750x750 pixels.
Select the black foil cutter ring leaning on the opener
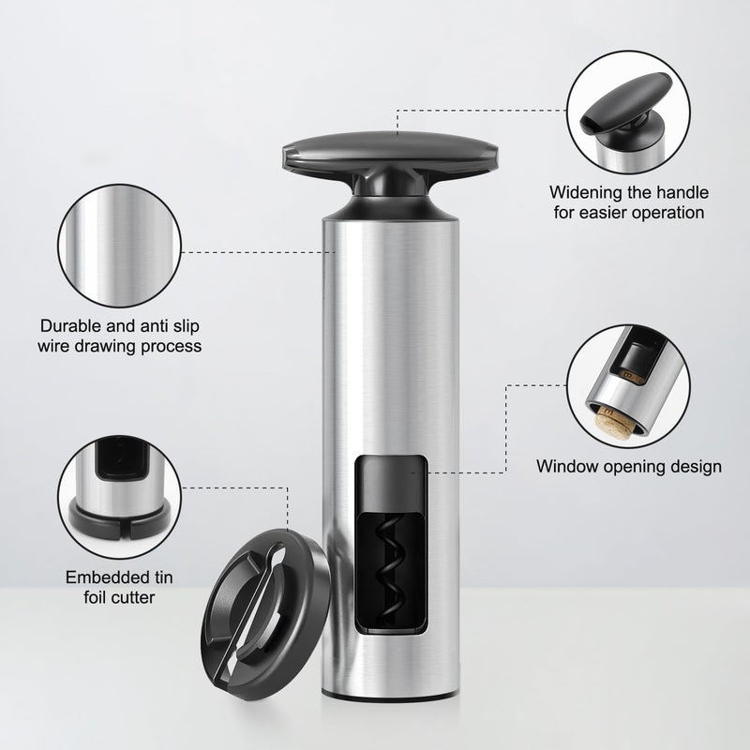266,614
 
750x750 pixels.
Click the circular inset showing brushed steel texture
120,246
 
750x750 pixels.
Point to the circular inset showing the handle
628,112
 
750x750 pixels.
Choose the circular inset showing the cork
628,386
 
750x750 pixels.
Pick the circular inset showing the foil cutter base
120,498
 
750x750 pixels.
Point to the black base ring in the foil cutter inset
120,524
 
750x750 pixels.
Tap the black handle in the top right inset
622,103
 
